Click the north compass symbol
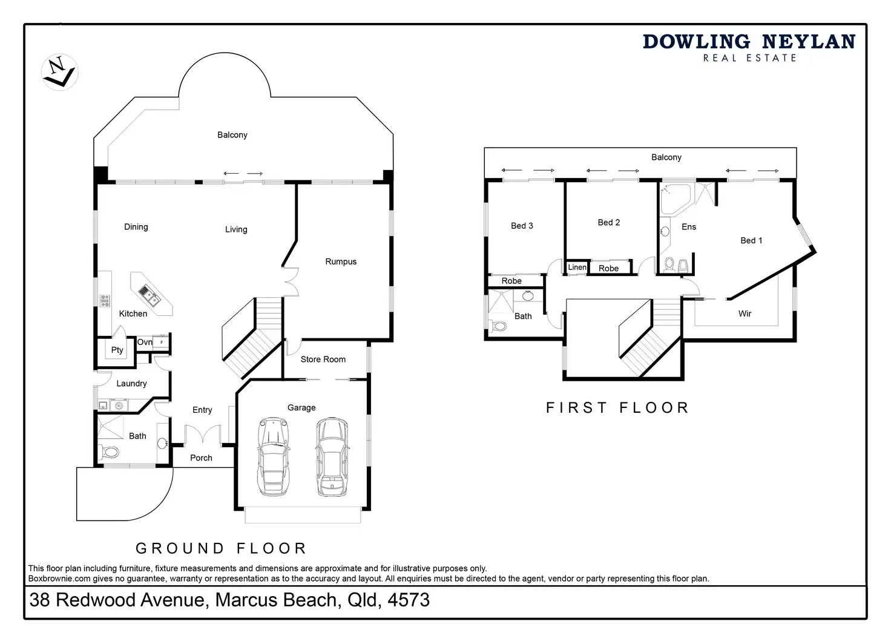pyautogui.click(x=60, y=73)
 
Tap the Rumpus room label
pyautogui.click(x=341, y=261)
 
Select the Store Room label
pyautogui.click(x=323, y=359)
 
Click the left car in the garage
pyautogui.click(x=273, y=456)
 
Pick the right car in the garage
pyautogui.click(x=332, y=456)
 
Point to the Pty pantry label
pyautogui.click(x=117, y=350)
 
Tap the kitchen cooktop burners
pyautogui.click(x=105, y=301)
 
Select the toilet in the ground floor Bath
pyautogui.click(x=109, y=452)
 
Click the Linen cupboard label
pyautogui.click(x=577, y=267)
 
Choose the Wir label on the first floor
pyautogui.click(x=745, y=314)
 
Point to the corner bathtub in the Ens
pyautogui.click(x=676, y=199)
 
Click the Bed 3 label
pyautogui.click(x=522, y=226)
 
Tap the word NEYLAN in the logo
pyautogui.click(x=809, y=42)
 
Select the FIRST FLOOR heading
pyautogui.click(x=617, y=408)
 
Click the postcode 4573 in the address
pyautogui.click(x=409, y=600)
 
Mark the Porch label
pyautogui.click(x=201, y=458)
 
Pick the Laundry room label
pyautogui.click(x=132, y=384)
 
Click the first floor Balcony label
pyautogui.click(x=666, y=157)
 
